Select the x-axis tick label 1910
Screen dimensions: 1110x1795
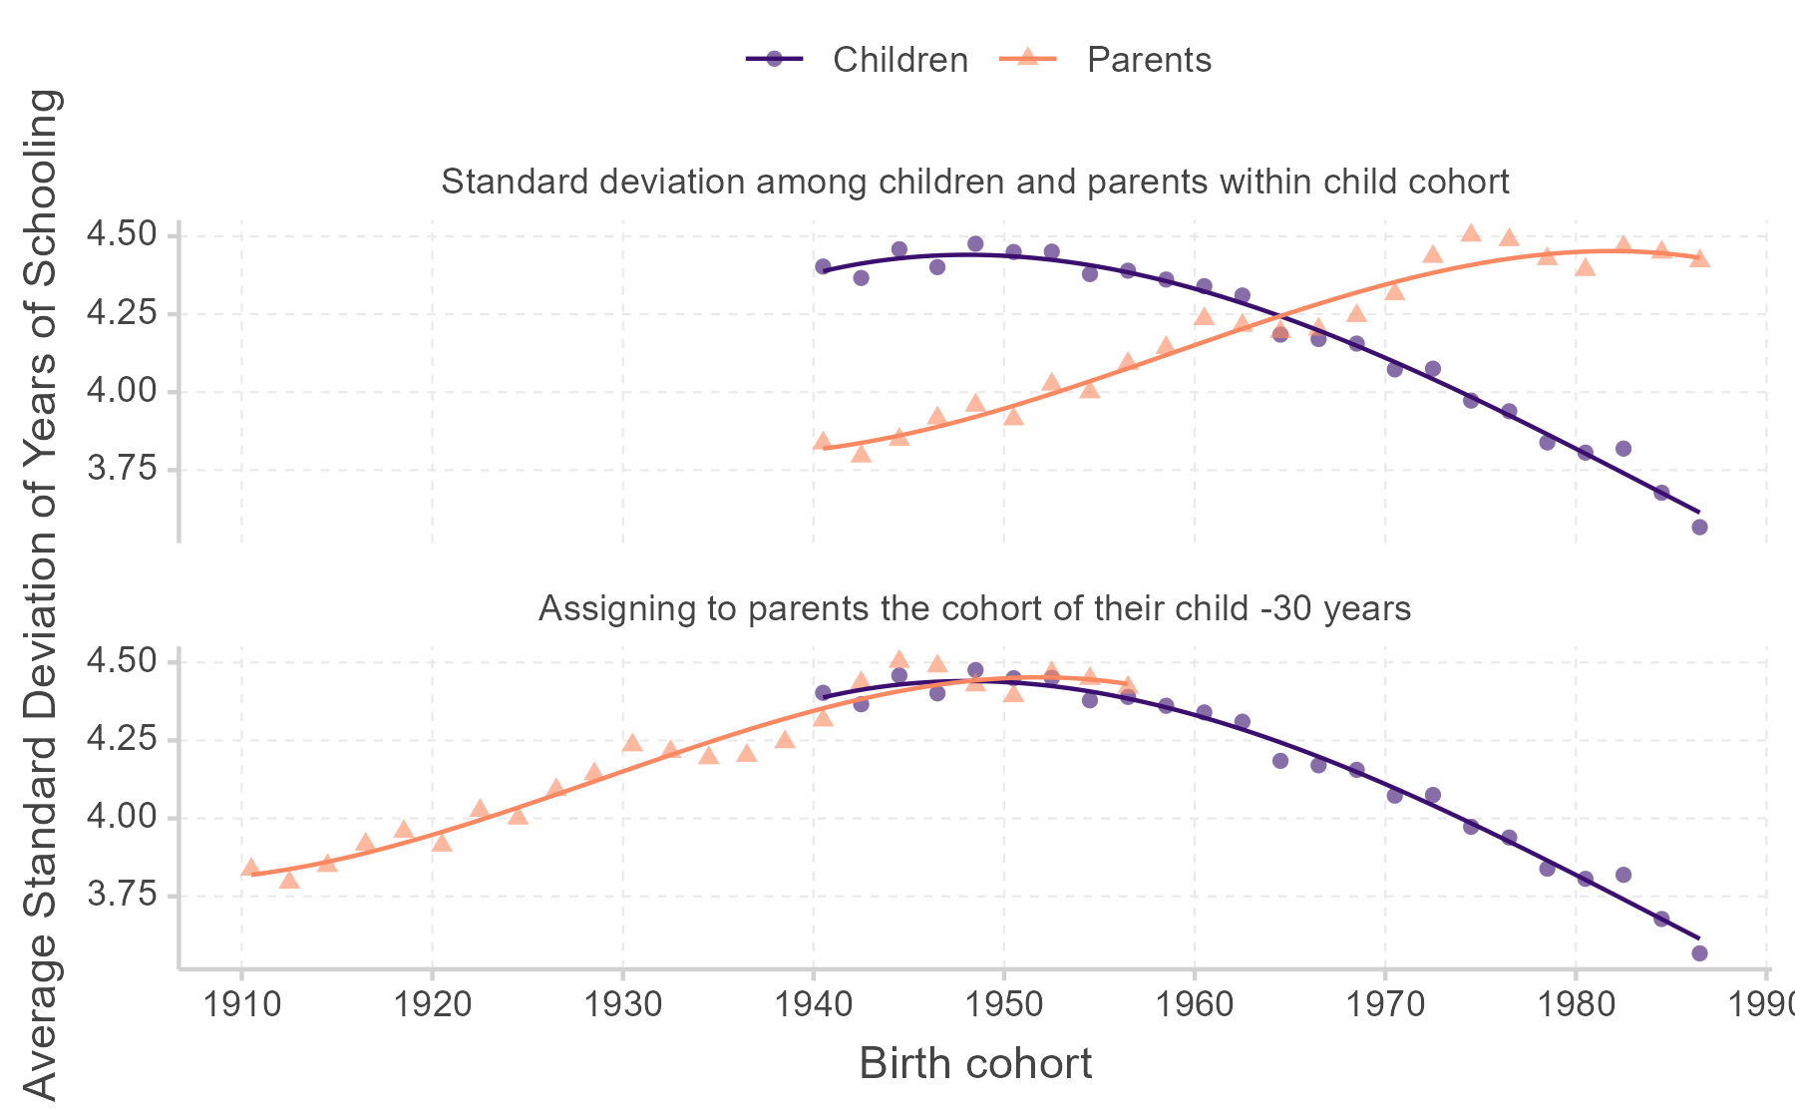[240, 1004]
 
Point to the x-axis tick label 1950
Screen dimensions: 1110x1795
[1003, 1004]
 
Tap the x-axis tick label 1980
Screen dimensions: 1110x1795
[1576, 1004]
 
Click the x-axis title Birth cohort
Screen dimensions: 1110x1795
[974, 1064]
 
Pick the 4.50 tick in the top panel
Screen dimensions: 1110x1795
[122, 235]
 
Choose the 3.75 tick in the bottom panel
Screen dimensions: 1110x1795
[122, 895]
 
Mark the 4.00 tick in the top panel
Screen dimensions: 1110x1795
[122, 391]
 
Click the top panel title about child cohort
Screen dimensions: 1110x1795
[974, 182]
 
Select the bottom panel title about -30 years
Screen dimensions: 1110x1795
[974, 608]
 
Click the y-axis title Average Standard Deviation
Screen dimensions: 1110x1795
[42, 594]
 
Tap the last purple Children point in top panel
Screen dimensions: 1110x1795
[1699, 527]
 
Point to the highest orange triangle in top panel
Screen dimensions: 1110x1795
[1470, 233]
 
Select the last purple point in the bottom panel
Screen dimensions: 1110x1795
[1699, 953]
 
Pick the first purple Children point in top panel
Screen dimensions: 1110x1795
[823, 266]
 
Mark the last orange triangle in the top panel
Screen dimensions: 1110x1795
[1699, 259]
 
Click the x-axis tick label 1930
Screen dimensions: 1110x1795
[622, 1004]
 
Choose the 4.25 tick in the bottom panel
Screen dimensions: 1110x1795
[122, 739]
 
